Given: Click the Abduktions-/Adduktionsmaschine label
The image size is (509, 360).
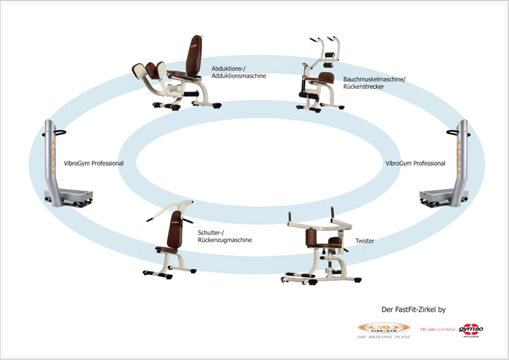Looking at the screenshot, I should [239, 72].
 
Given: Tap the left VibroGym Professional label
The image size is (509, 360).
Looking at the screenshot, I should [92, 164].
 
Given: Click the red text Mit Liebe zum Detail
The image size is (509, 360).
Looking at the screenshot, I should [436, 330].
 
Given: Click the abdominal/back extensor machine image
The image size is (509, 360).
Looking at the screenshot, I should [320, 73].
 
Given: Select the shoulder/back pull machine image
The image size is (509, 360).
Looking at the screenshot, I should [169, 239].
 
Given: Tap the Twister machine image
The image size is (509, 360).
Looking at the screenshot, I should [318, 247].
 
